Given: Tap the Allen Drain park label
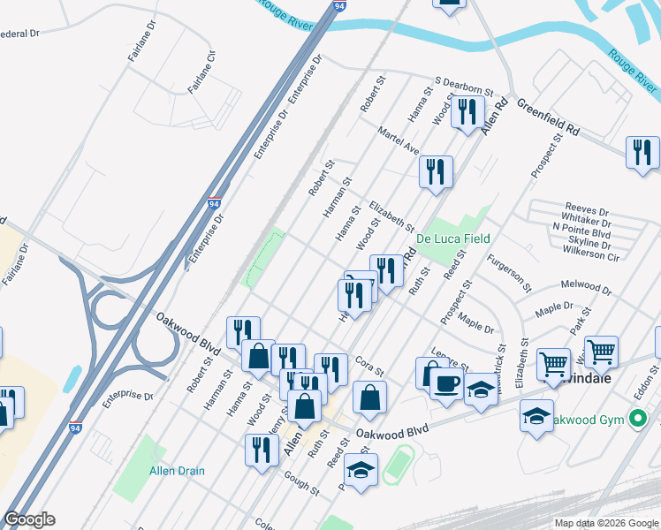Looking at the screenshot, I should (177, 471).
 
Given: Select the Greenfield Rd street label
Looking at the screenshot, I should (548, 117).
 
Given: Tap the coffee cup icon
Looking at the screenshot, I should (448, 385).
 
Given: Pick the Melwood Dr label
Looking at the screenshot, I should (586, 288).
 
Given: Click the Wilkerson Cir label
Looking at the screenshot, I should (586, 256).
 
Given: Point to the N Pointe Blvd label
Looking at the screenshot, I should (581, 227).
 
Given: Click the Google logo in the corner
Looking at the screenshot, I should (29, 519).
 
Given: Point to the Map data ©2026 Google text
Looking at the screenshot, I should (606, 523).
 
